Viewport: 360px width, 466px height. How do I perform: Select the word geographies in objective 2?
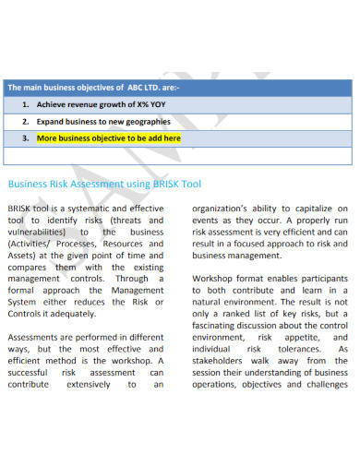pos(144,122)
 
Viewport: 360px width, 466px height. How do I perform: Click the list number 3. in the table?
pos(25,139)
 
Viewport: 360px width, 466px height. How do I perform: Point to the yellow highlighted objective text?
pos(108,139)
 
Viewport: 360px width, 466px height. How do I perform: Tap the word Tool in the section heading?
pos(191,184)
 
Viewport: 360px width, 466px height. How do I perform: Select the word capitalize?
pos(310,209)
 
